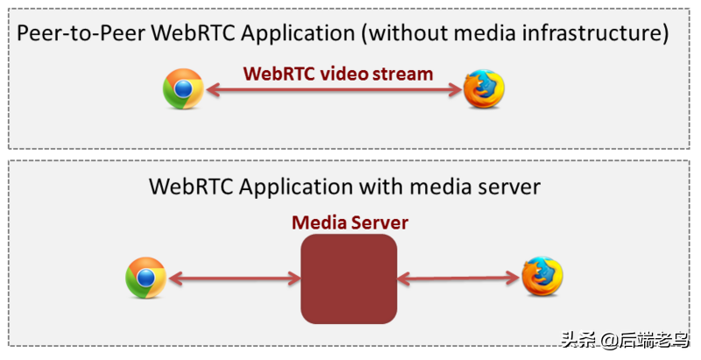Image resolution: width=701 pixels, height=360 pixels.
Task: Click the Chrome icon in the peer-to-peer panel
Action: (x=183, y=89)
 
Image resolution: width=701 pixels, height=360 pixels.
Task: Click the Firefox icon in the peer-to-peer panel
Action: (x=484, y=89)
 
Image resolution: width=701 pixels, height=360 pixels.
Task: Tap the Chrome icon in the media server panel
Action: (x=145, y=278)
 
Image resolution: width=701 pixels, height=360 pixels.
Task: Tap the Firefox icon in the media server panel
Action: (x=542, y=278)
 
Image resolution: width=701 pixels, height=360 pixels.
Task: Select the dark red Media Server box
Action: (x=349, y=279)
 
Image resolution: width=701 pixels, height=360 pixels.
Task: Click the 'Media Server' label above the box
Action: (x=350, y=222)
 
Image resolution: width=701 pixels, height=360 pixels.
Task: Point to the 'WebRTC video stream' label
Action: (x=338, y=74)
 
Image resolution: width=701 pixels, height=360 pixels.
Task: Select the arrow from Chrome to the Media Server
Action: (x=234, y=279)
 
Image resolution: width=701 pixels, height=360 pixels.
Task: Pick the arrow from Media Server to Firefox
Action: (x=456, y=279)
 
